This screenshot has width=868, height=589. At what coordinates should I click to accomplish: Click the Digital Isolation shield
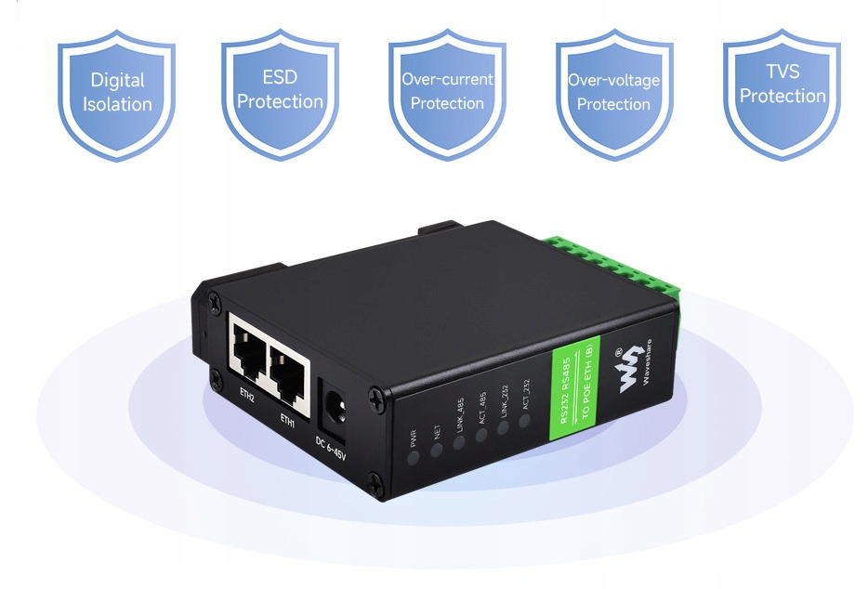[x=117, y=92]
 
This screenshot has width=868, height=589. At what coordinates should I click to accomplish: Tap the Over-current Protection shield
[x=447, y=92]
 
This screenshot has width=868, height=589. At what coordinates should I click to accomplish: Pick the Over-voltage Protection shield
[x=613, y=92]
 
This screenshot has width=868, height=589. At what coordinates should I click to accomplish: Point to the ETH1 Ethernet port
[x=289, y=363]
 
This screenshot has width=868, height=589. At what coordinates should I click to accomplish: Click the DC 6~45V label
[x=331, y=449]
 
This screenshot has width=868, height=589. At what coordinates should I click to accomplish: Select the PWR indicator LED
[x=413, y=456]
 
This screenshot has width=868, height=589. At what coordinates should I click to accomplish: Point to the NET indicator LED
[x=436, y=449]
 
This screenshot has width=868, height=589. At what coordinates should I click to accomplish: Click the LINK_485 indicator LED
[x=459, y=442]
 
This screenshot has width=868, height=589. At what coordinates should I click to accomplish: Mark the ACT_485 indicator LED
[x=482, y=435]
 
